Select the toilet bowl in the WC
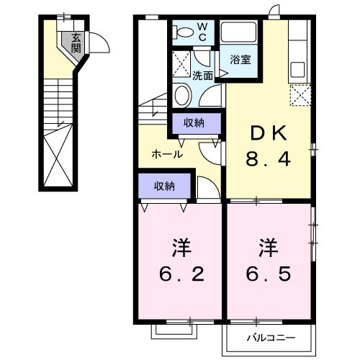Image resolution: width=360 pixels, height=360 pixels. (x=183, y=32)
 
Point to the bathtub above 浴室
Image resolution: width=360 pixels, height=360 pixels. (x=240, y=32)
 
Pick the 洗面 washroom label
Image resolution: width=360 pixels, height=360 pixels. (x=202, y=75)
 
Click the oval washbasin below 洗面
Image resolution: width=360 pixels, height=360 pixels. (x=183, y=96)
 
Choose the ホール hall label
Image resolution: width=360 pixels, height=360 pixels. (x=166, y=153)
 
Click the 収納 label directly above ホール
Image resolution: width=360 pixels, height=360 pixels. (x=193, y=123)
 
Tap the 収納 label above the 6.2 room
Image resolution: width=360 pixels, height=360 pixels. (x=164, y=186)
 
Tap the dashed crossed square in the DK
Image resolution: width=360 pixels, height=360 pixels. (x=299, y=95)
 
